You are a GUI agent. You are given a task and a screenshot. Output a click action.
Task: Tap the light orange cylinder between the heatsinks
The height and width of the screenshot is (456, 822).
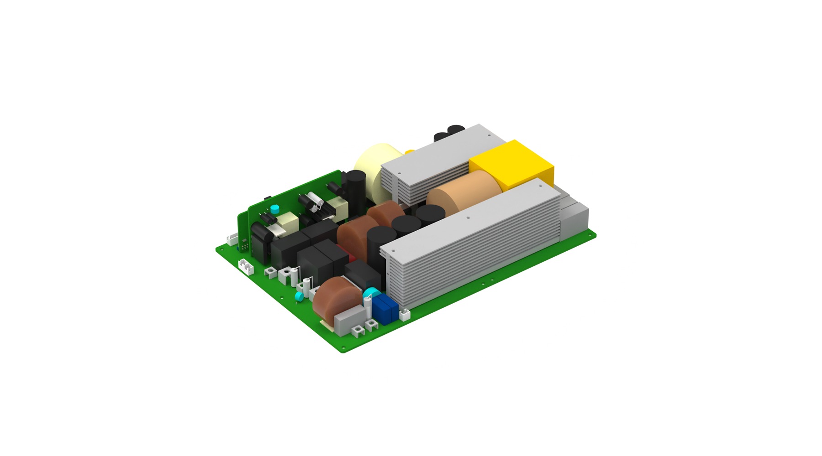[461, 192]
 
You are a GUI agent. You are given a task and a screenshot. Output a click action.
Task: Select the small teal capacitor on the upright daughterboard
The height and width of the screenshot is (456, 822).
[274, 209]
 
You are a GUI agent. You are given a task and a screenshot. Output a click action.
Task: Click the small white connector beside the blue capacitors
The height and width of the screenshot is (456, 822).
[405, 314]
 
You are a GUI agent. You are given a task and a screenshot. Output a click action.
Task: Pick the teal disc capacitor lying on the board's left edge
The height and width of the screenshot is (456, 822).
[299, 297]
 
